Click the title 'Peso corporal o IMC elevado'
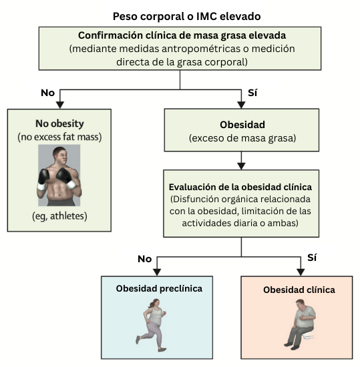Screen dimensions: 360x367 pyautogui.click(x=186, y=17)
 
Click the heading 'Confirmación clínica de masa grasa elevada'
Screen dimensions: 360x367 pyautogui.click(x=182, y=35)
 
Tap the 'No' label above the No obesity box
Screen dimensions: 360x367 pyautogui.click(x=48, y=93)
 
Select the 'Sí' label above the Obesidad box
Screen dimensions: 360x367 pyautogui.click(x=252, y=93)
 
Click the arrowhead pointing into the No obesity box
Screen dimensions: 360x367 pyautogui.click(x=60, y=105)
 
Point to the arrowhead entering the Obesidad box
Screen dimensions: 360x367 pyautogui.click(x=241, y=105)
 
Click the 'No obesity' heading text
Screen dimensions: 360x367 pyautogui.click(x=59, y=124)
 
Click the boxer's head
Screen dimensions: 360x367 pyautogui.click(x=61, y=156)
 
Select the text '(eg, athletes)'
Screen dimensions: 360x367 pyautogui.click(x=59, y=216)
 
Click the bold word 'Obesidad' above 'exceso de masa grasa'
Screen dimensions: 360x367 pyautogui.click(x=242, y=125)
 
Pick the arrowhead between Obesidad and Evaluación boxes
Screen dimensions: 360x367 pyautogui.click(x=241, y=166)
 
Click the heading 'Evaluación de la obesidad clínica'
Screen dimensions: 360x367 pyautogui.click(x=240, y=188)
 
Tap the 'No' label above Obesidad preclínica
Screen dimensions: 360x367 pyautogui.click(x=145, y=259)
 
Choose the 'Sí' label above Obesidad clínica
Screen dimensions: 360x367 pyautogui.click(x=312, y=258)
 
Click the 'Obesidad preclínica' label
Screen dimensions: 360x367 pyautogui.click(x=159, y=288)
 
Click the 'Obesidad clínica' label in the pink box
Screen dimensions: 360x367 pyautogui.click(x=299, y=290)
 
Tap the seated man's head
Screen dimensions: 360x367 pyautogui.click(x=300, y=304)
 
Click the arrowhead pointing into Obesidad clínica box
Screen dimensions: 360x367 pyautogui.click(x=301, y=272)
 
